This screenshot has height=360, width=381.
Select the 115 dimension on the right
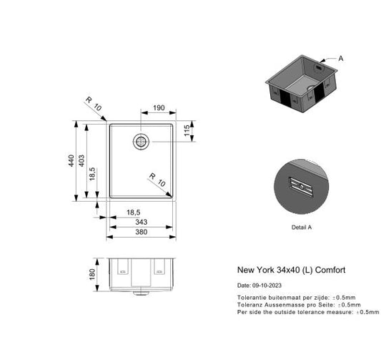(187, 131)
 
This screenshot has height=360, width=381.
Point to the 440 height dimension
(71, 162)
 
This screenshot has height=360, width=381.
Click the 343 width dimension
(142, 223)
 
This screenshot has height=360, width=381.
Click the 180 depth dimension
(93, 275)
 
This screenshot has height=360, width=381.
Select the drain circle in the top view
(140, 141)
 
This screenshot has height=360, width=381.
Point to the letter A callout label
(340, 59)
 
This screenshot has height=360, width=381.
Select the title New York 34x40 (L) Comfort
(291, 271)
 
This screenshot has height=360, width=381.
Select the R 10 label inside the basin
(157, 179)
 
